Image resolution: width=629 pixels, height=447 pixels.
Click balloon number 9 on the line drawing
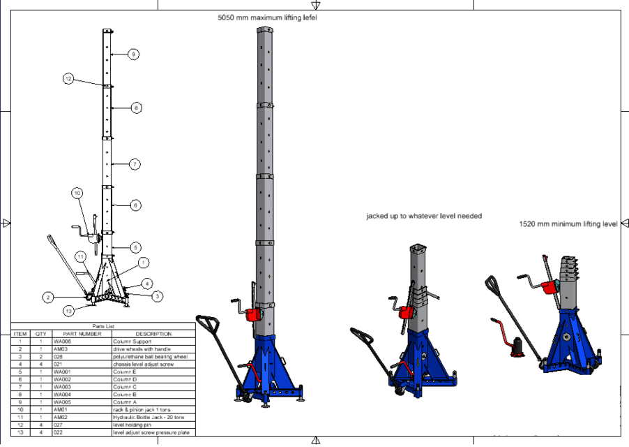[x=133, y=54]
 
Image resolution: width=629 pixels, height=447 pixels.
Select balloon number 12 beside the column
[x=68, y=79]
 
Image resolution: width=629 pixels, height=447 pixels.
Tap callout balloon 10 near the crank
[x=77, y=193]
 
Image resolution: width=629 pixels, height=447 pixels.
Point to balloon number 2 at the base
[x=48, y=298]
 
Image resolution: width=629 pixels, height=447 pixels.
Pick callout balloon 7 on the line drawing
[x=135, y=164]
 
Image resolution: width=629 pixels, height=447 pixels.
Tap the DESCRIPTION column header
[x=153, y=334]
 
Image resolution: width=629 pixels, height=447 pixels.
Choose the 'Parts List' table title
[x=104, y=326]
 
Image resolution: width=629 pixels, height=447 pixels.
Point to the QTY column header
[x=40, y=334]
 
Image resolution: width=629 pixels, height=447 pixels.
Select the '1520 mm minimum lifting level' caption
[x=568, y=224]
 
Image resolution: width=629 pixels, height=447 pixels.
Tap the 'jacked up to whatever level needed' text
[x=424, y=217]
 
